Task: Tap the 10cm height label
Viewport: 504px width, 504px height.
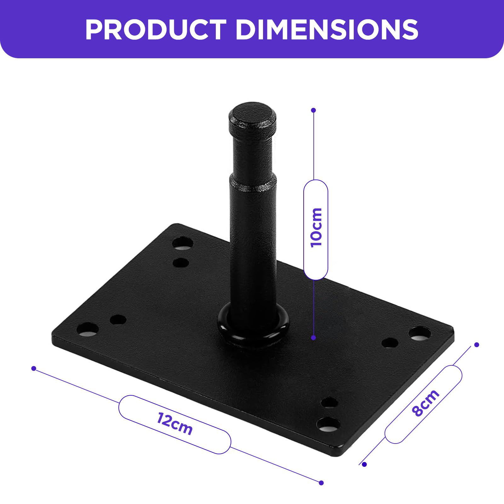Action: [x=316, y=228]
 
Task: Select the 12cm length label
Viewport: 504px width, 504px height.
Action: [x=175, y=424]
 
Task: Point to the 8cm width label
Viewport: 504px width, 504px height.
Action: [x=425, y=403]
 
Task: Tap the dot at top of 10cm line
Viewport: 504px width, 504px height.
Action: [x=313, y=110]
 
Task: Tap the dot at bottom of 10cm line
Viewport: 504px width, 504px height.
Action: [x=313, y=338]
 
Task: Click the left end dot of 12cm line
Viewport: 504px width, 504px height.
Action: [x=34, y=368]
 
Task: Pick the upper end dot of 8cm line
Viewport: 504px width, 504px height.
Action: [x=477, y=345]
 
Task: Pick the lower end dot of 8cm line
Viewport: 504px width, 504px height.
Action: [x=364, y=464]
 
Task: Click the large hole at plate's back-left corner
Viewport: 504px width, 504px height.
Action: [x=183, y=244]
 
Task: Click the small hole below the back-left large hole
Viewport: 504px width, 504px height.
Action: [x=181, y=262]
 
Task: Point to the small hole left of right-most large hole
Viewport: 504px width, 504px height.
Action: [x=390, y=342]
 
